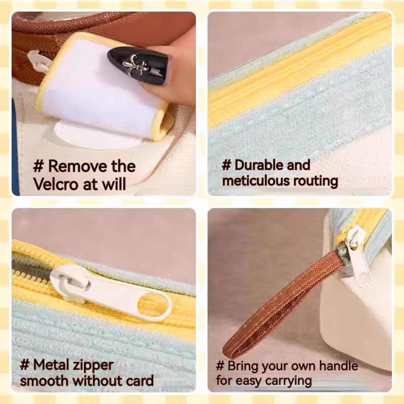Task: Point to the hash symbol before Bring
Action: [220, 366]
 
